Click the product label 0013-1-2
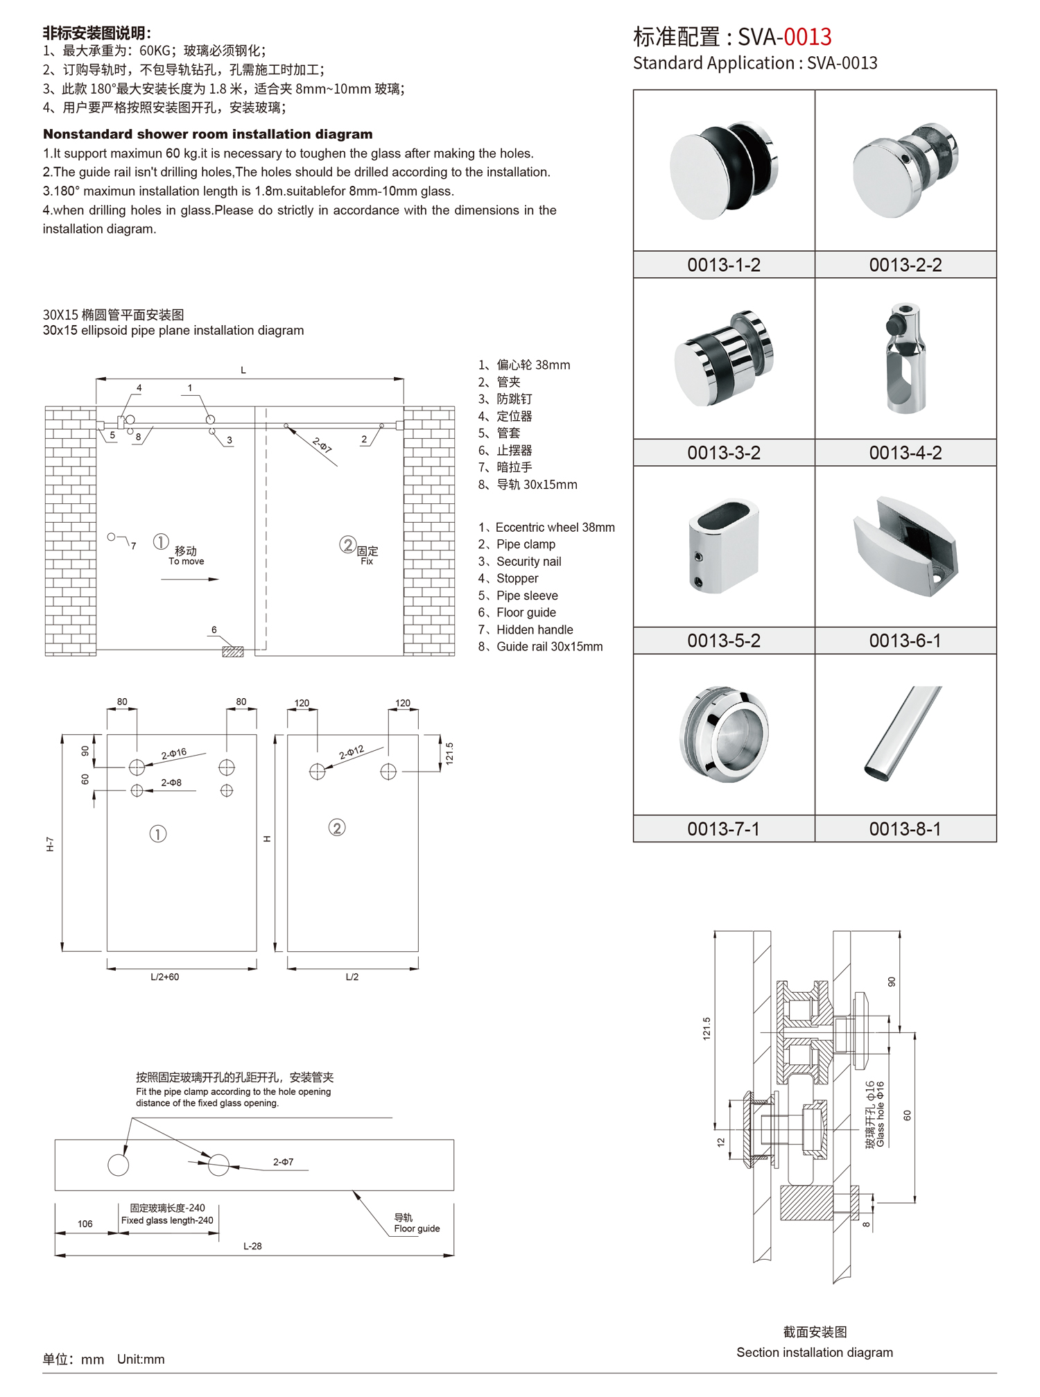723,265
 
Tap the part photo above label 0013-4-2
905,358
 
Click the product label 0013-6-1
905,641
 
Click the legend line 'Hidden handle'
534,630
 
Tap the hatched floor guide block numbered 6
233,651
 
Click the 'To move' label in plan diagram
186,562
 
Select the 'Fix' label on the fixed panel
367,562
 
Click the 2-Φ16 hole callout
174,753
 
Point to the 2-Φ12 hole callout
352,752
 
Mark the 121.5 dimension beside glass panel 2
449,753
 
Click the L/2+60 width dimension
165,977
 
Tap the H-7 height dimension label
50,844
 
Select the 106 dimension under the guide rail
85,1224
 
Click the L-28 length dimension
252,1246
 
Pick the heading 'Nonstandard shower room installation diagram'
207,135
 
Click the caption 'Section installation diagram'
814,1352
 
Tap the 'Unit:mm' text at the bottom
141,1359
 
